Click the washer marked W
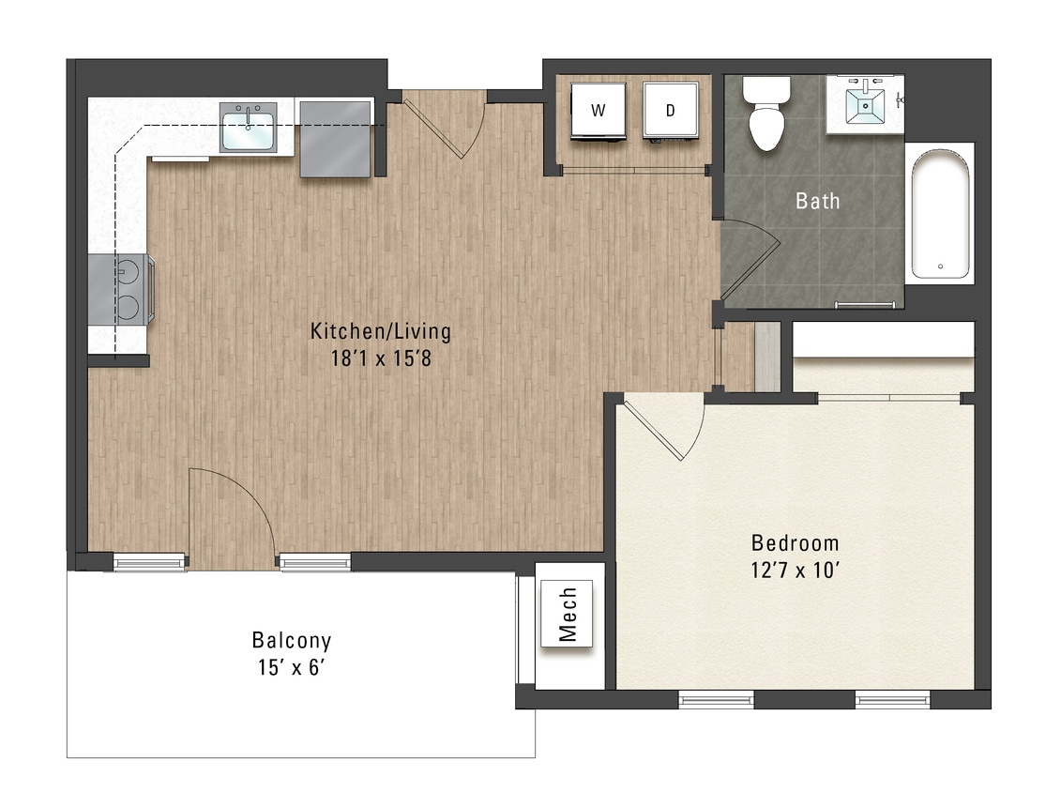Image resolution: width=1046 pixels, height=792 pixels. pos(597,111)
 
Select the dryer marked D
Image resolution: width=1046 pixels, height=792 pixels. pos(670,111)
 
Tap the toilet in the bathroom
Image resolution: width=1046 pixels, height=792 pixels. pos(766,114)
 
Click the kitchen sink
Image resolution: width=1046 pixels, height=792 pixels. pos(248,128)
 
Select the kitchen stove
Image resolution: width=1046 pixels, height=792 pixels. pos(122,289)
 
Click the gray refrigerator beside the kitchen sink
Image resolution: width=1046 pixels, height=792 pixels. pos(335,137)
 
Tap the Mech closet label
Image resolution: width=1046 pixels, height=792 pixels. pos(567,614)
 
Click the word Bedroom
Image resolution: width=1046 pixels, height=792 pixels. pos(795,543)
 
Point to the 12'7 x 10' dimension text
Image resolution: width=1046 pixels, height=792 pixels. pos(795,570)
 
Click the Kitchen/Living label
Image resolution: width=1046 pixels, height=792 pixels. pos(380,331)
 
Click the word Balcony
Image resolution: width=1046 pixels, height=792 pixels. pos(291,641)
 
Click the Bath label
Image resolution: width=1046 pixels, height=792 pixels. pos(817,201)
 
